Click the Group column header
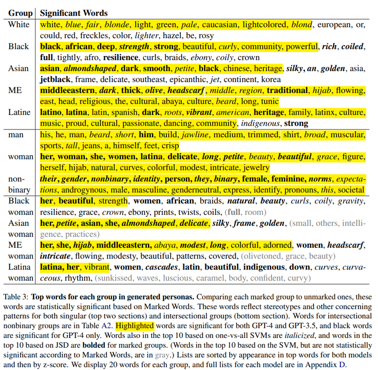[20, 13]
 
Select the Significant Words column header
[74, 13]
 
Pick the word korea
[271, 79]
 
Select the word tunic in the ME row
[268, 101]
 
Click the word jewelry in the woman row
[255, 167]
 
